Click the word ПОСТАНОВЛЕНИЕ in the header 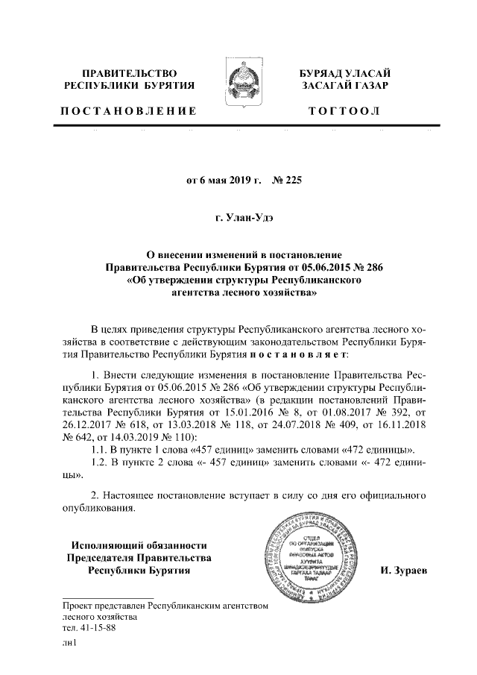click(x=127, y=111)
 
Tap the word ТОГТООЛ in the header click(x=345, y=111)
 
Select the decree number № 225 click(x=288, y=180)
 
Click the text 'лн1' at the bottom click(x=69, y=644)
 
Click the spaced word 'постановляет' click(x=303, y=355)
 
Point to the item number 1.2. click(x=97, y=463)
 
